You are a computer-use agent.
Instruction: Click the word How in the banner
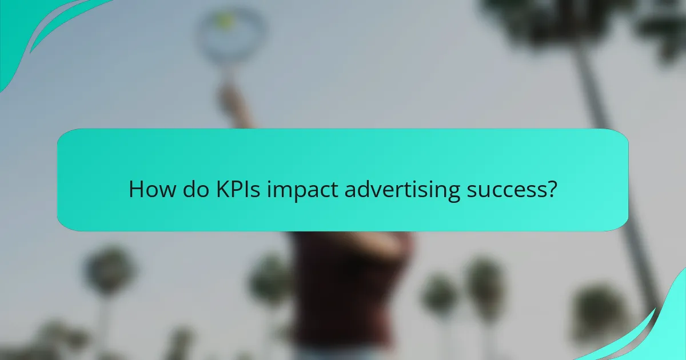coord(148,189)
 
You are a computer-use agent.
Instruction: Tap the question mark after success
coord(551,189)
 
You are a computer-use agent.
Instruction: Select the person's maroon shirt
coord(343,286)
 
